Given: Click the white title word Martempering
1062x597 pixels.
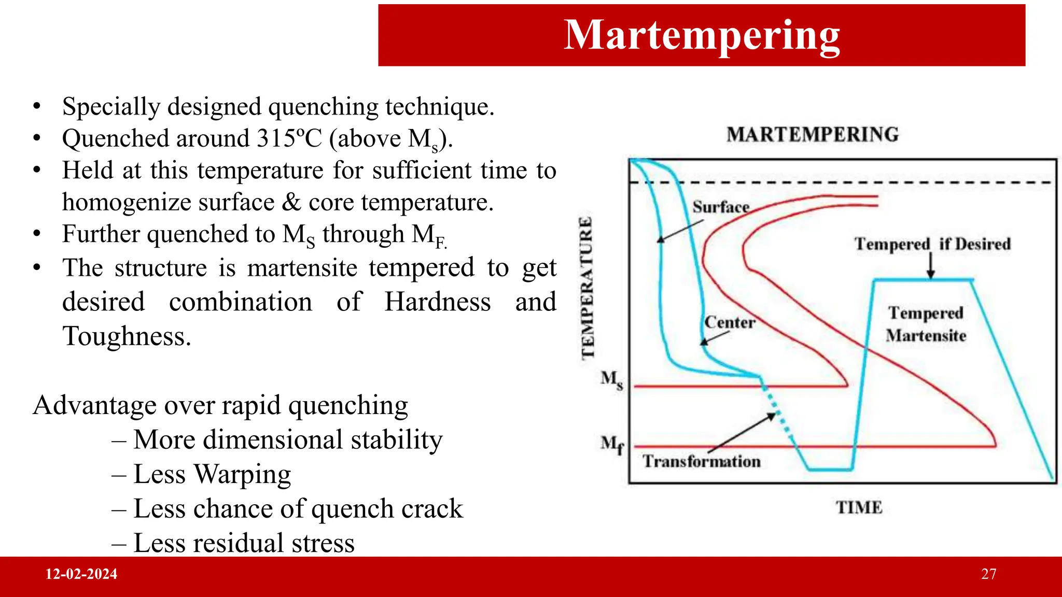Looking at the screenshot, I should [x=702, y=35].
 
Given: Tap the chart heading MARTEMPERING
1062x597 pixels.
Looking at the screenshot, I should [x=812, y=135].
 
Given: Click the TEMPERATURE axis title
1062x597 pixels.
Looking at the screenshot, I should [x=587, y=288].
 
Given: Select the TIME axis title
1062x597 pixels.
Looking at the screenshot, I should [x=859, y=507].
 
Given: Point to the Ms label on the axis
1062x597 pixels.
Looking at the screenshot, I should [x=611, y=379].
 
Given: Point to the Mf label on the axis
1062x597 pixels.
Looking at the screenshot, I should [x=612, y=444].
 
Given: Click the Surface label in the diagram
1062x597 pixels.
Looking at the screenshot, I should [x=721, y=207].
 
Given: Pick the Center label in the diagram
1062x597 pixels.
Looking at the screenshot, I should [x=730, y=322].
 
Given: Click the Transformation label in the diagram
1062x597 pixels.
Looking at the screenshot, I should [x=701, y=461].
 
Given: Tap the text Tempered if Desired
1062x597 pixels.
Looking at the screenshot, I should [x=932, y=244].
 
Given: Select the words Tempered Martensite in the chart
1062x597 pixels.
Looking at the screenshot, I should [x=926, y=324].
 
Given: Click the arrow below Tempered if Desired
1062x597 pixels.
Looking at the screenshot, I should [x=931, y=266].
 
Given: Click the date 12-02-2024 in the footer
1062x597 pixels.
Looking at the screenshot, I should [x=81, y=574].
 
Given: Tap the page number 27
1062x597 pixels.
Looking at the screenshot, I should [x=988, y=574].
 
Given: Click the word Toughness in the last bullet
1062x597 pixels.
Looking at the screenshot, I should [x=127, y=336].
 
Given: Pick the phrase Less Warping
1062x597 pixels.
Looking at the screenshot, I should [x=212, y=474].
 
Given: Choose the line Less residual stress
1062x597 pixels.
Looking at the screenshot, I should [x=244, y=543].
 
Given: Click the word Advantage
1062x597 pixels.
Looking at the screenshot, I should [x=94, y=405].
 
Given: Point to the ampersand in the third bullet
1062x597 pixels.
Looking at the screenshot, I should [x=291, y=203].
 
